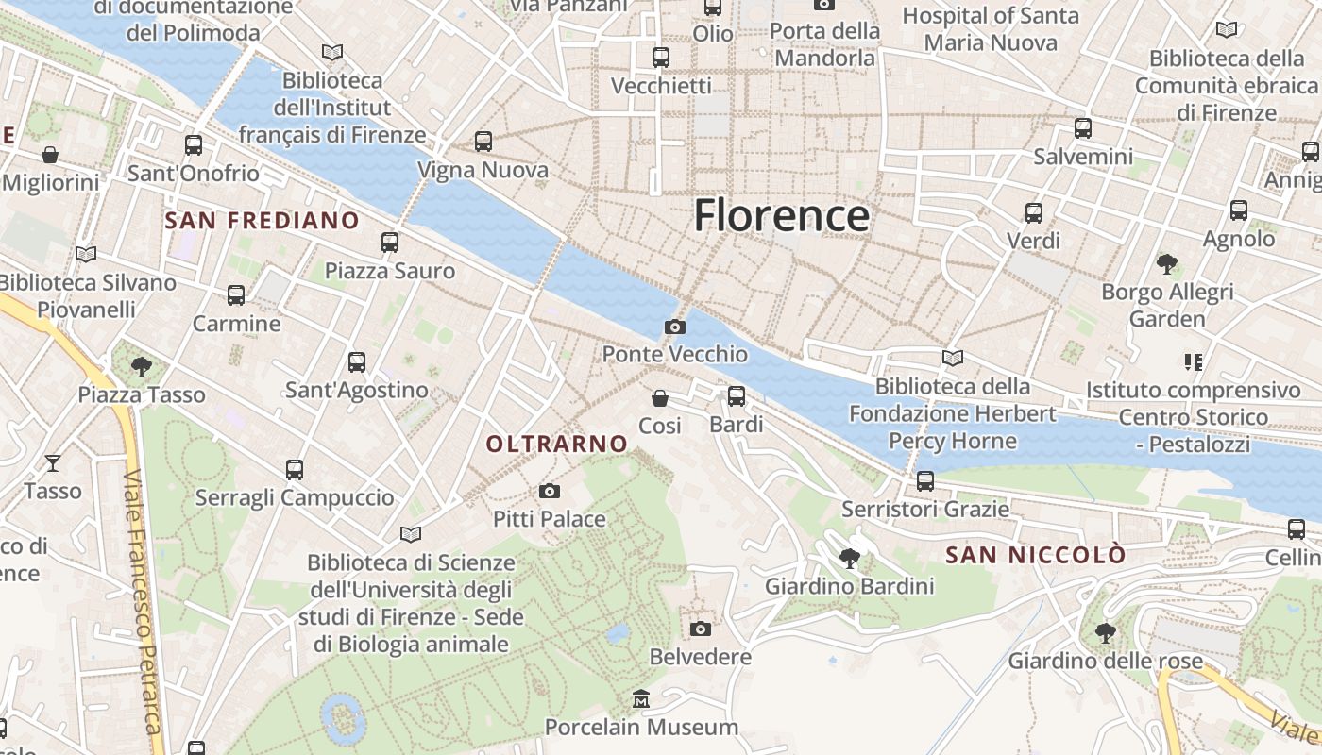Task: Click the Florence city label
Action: (x=781, y=216)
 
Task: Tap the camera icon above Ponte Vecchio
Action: (x=675, y=327)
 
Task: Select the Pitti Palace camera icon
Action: (x=550, y=492)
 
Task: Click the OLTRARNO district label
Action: (x=557, y=444)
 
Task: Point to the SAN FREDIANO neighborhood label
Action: (x=263, y=221)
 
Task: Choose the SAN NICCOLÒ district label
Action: (x=1036, y=555)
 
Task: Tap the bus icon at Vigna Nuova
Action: (x=483, y=142)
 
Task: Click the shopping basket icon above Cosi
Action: (x=660, y=399)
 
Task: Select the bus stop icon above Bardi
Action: (x=737, y=396)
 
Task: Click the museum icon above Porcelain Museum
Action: (x=642, y=699)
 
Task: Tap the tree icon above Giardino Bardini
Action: (x=850, y=559)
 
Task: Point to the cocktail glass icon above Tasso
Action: (x=53, y=462)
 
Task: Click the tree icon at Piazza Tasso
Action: (x=142, y=366)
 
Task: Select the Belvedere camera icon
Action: (x=701, y=629)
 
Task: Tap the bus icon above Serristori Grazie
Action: (x=925, y=481)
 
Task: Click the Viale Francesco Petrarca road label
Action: (x=142, y=604)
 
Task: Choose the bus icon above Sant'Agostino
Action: (x=357, y=361)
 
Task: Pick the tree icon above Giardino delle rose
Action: (x=1105, y=632)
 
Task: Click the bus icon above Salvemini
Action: (x=1083, y=128)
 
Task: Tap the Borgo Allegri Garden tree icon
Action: (x=1167, y=264)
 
